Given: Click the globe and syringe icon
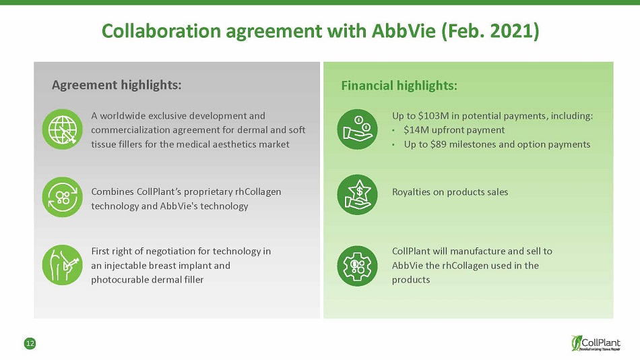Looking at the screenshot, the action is [x=63, y=129].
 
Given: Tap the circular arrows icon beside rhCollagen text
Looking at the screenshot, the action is [x=63, y=197].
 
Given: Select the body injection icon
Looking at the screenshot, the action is [x=63, y=265].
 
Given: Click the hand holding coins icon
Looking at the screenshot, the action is [x=357, y=129].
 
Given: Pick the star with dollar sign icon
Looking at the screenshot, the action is [x=357, y=195].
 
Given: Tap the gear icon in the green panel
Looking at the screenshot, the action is [x=357, y=266].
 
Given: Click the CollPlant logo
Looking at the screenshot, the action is [x=596, y=343].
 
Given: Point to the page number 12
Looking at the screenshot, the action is [x=30, y=344].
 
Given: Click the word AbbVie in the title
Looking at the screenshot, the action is [x=404, y=30].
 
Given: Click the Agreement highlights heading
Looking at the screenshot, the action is [x=117, y=85].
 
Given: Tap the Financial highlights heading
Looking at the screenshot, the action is [x=399, y=86].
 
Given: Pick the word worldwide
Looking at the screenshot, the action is [x=123, y=116].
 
